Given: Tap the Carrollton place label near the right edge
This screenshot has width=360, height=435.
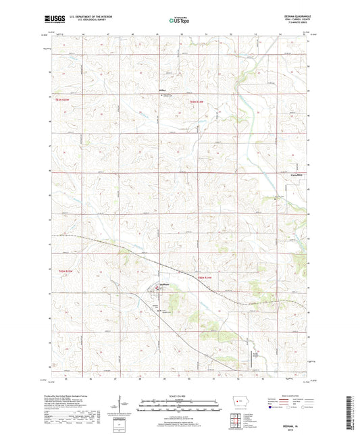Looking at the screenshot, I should (296, 174).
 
